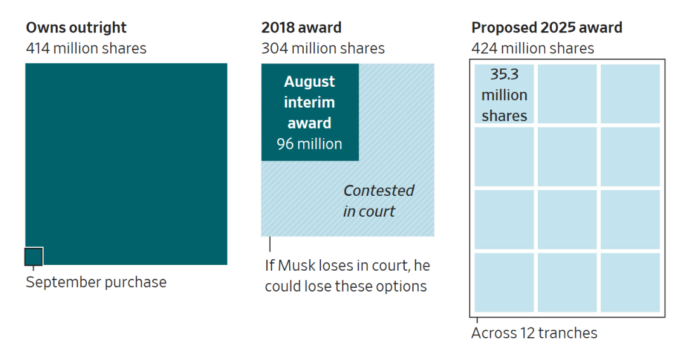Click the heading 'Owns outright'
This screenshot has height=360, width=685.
[76, 28]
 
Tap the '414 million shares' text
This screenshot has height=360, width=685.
[86, 48]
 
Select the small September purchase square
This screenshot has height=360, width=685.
[34, 257]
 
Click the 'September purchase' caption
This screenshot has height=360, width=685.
[96, 282]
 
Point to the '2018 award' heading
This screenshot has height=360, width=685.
[301, 28]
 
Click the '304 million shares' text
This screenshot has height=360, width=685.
[323, 48]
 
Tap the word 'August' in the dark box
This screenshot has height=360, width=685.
[310, 82]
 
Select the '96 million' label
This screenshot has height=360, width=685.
[310, 144]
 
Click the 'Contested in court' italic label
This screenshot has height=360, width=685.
[379, 201]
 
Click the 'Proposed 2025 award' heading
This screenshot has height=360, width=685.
[547, 28]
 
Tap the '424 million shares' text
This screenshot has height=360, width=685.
[533, 48]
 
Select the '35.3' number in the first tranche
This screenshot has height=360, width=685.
[504, 74]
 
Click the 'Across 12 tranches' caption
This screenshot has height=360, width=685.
[534, 333]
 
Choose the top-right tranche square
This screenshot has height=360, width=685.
[630, 94]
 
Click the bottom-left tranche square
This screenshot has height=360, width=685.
[504, 283]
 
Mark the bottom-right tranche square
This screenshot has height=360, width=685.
[630, 283]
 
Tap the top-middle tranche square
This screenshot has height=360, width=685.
[567, 94]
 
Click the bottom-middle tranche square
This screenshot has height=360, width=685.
[567, 283]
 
